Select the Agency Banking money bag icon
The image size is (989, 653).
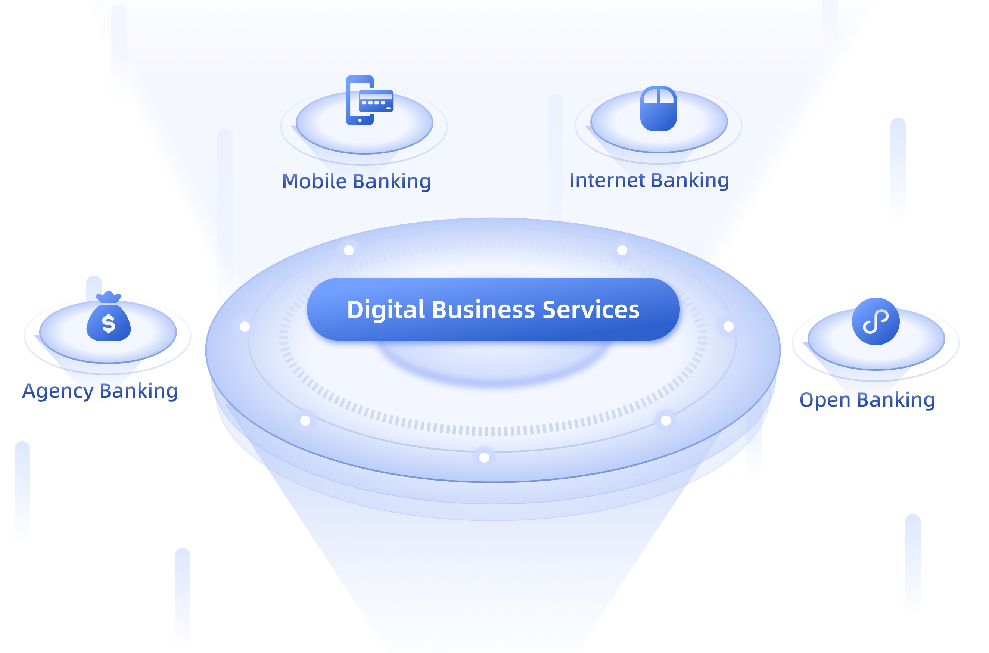point(109,318)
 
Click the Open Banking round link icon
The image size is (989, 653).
point(876,321)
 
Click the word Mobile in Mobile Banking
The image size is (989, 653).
point(314,181)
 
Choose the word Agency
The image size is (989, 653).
point(58,392)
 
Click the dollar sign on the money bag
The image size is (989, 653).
point(109,323)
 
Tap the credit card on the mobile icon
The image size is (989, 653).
point(376,101)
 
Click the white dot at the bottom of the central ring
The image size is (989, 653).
point(484,458)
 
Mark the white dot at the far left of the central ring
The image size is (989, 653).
point(245,326)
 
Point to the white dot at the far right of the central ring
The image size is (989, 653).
point(728,326)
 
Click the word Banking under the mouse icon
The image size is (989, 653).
point(690,180)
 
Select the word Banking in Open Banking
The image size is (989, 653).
point(896,400)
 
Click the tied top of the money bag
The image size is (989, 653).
point(109,297)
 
